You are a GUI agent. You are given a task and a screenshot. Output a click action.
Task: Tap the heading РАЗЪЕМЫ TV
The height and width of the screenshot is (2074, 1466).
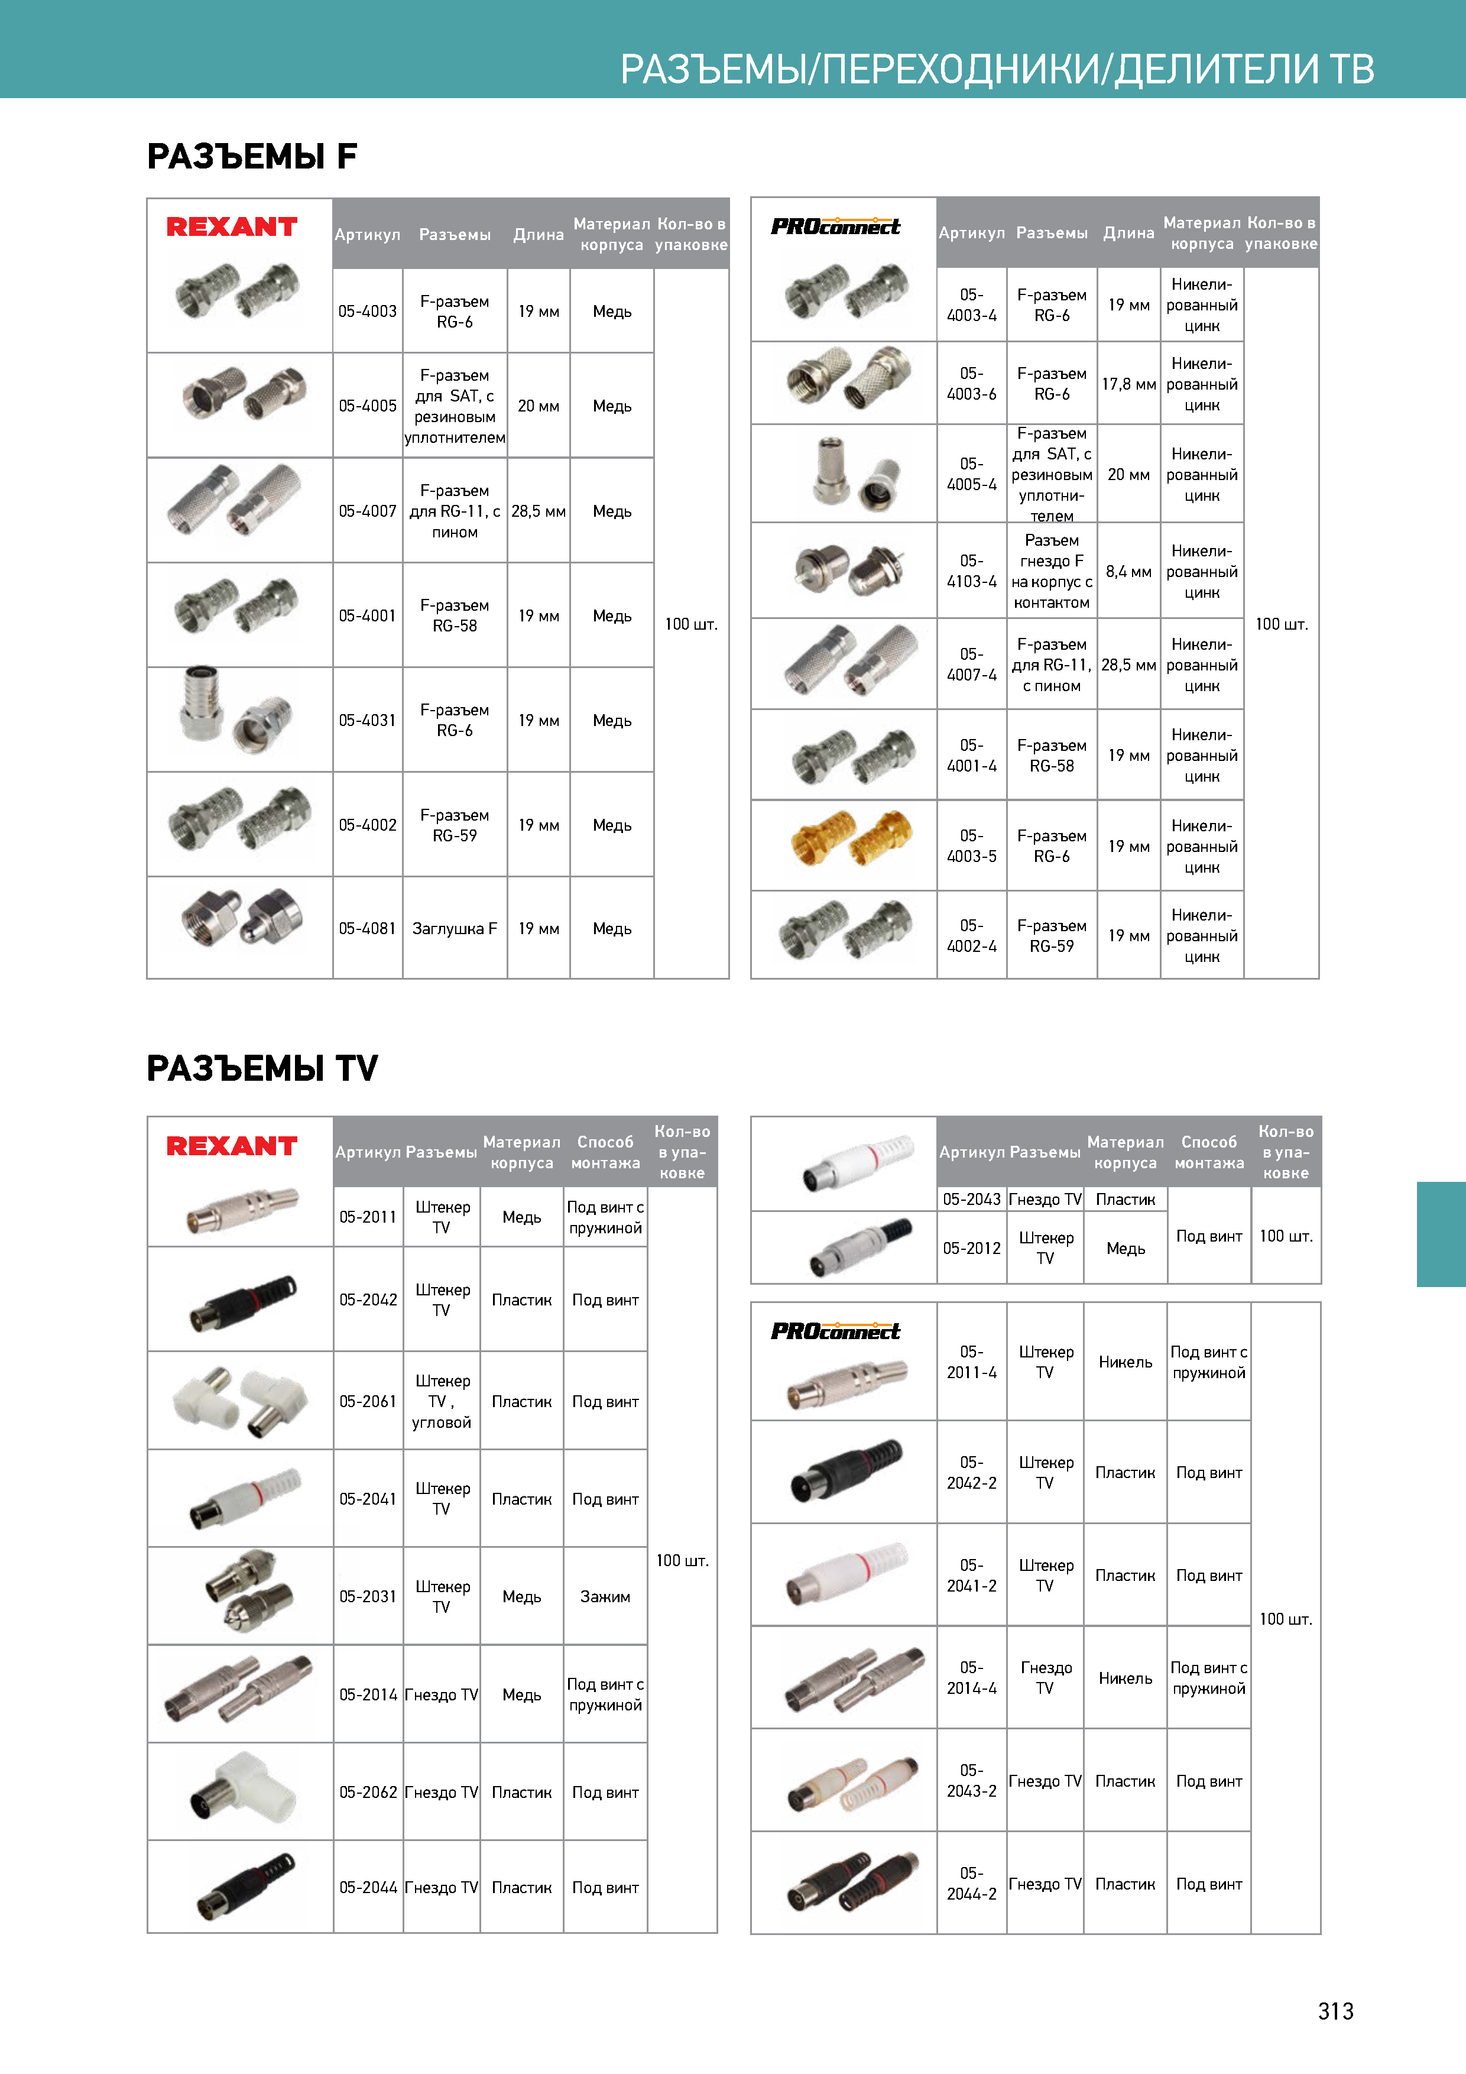pos(262,1068)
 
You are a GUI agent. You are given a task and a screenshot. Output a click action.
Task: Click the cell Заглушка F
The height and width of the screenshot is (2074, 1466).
pos(455,929)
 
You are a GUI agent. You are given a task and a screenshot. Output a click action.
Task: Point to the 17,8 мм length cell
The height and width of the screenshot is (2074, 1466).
pos(1128,384)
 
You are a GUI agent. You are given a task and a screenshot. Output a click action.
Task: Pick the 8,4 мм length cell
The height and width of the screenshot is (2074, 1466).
pos(1128,572)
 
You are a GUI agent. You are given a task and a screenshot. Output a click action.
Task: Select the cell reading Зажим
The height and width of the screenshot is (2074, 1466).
pos(605,1597)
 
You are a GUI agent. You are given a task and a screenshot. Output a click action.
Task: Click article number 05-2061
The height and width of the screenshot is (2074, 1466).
pos(368,1402)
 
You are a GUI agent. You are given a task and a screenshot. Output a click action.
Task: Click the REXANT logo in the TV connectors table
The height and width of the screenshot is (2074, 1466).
pos(232,1146)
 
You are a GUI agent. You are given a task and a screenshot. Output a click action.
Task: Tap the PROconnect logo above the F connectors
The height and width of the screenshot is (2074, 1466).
pos(835,226)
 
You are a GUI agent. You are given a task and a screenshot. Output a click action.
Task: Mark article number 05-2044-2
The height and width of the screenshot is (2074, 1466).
pos(971,1884)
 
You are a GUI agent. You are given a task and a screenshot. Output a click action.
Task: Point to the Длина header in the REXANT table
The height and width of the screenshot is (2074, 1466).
pos(539,235)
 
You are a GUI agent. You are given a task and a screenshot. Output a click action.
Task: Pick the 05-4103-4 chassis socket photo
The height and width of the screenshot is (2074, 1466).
pos(845,570)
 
